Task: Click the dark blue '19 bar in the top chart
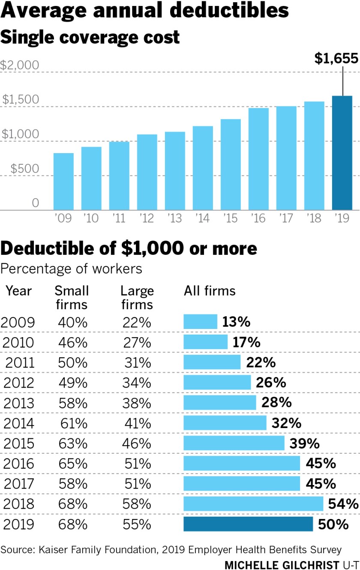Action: tap(342, 153)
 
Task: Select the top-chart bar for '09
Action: tap(63, 181)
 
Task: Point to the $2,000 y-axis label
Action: tap(20, 65)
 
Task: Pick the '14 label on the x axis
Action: tap(202, 219)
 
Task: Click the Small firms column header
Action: tap(72, 297)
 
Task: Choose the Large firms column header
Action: tap(137, 297)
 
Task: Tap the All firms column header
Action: tap(210, 291)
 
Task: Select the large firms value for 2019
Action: tap(137, 524)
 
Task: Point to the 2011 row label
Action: tap(20, 362)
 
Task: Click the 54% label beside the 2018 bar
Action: tap(343, 504)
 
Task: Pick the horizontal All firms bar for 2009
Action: tap(201, 322)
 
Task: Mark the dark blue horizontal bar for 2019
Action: tap(248, 524)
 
